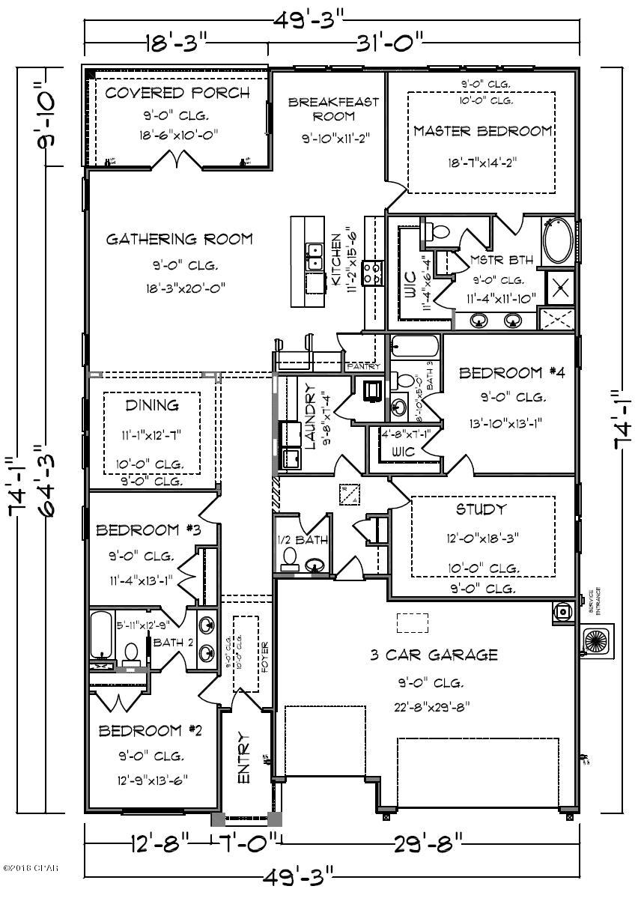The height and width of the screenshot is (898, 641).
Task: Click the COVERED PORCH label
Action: coord(177,94)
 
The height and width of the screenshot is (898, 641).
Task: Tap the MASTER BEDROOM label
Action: coord(482,131)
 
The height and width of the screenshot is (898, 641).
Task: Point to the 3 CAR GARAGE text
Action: coord(434,655)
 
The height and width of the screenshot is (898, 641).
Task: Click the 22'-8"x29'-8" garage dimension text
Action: coord(433,706)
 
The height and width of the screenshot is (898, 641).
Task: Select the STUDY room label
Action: coord(481,510)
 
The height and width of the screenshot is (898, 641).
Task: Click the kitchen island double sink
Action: coord(314,257)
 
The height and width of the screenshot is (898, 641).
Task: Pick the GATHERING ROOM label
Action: coord(179,240)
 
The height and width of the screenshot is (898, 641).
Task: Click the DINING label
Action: coord(151,405)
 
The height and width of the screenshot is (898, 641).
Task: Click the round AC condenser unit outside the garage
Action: coord(597,643)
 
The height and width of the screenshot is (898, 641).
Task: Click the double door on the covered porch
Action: coord(177,160)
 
